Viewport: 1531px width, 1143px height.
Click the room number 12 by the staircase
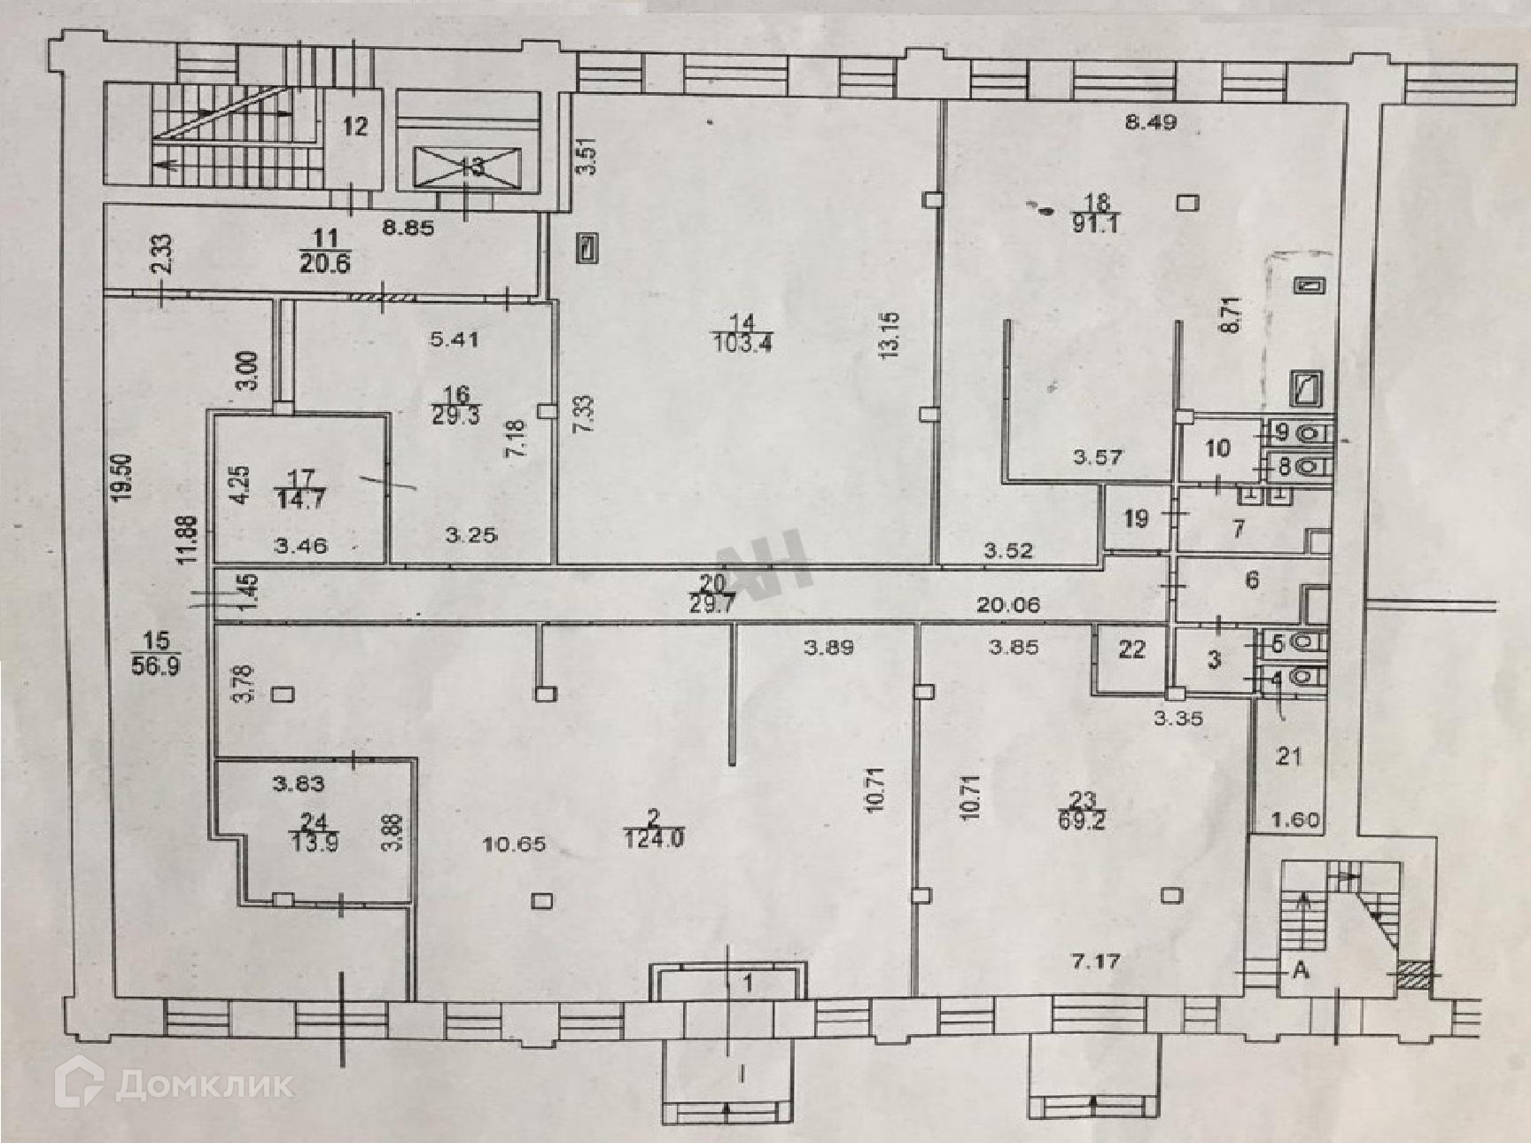(354, 127)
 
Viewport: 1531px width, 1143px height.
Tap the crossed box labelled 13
(468, 167)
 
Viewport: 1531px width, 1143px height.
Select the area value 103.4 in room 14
(742, 342)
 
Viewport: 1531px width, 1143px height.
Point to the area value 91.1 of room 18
(1095, 223)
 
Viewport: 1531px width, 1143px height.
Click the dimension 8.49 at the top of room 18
(1150, 123)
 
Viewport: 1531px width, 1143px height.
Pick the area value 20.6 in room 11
(325, 263)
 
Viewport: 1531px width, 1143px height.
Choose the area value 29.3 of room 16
(455, 415)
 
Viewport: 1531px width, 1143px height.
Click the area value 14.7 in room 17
(301, 500)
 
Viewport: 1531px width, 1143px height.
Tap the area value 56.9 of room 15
(156, 665)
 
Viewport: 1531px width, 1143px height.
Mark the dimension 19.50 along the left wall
(124, 478)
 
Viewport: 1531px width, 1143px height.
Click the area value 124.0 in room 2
(653, 838)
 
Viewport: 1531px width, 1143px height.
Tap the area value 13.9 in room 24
(314, 843)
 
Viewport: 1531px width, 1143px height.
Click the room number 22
(1131, 650)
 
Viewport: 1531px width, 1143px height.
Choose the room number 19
(1136, 518)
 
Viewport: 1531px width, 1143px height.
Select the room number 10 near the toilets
(1217, 448)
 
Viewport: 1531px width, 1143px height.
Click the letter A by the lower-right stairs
(1301, 971)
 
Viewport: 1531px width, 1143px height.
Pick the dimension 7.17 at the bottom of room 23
(1096, 961)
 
